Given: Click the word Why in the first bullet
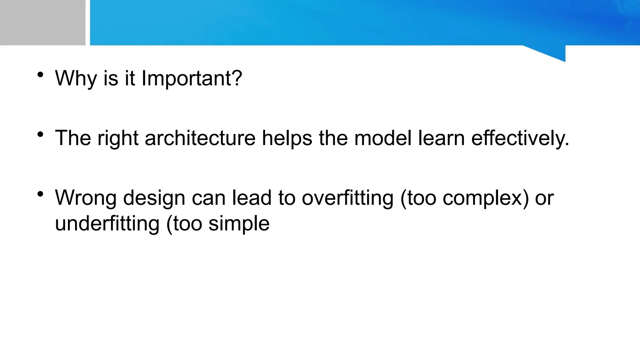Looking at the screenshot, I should coord(76,78).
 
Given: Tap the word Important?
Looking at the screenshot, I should coord(192,78).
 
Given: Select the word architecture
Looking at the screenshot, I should coord(200,138).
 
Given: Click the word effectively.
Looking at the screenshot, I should coord(520,138).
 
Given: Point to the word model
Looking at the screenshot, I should coord(383,138).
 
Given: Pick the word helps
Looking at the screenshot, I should coord(287,138).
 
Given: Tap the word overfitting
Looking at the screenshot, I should coord(347,198).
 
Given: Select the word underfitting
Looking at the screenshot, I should coord(107,224).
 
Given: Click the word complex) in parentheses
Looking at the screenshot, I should coord(486,198).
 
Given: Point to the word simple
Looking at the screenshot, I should coord(239,224).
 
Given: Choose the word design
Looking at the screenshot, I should coord(154,198).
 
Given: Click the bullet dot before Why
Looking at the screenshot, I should coord(40,75).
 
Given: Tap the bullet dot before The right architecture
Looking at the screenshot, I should coord(40,134).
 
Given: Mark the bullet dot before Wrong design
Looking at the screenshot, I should coord(40,194).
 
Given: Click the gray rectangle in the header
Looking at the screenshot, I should coord(42,22).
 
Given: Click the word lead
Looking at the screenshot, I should coord(252,198).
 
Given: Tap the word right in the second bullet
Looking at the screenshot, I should coord(118,138).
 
